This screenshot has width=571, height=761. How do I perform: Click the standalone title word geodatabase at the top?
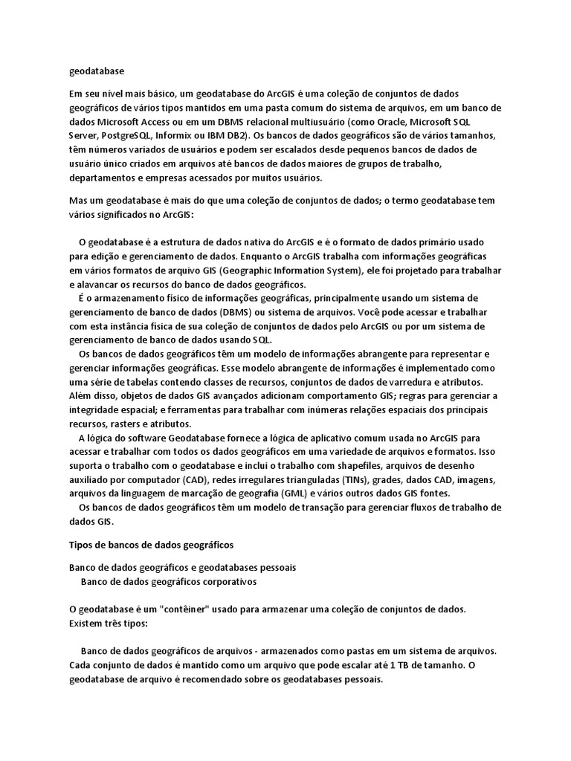coord(97,71)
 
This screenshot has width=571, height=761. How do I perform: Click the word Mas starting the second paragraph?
coord(78,201)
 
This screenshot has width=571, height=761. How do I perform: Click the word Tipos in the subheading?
coord(81,545)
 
